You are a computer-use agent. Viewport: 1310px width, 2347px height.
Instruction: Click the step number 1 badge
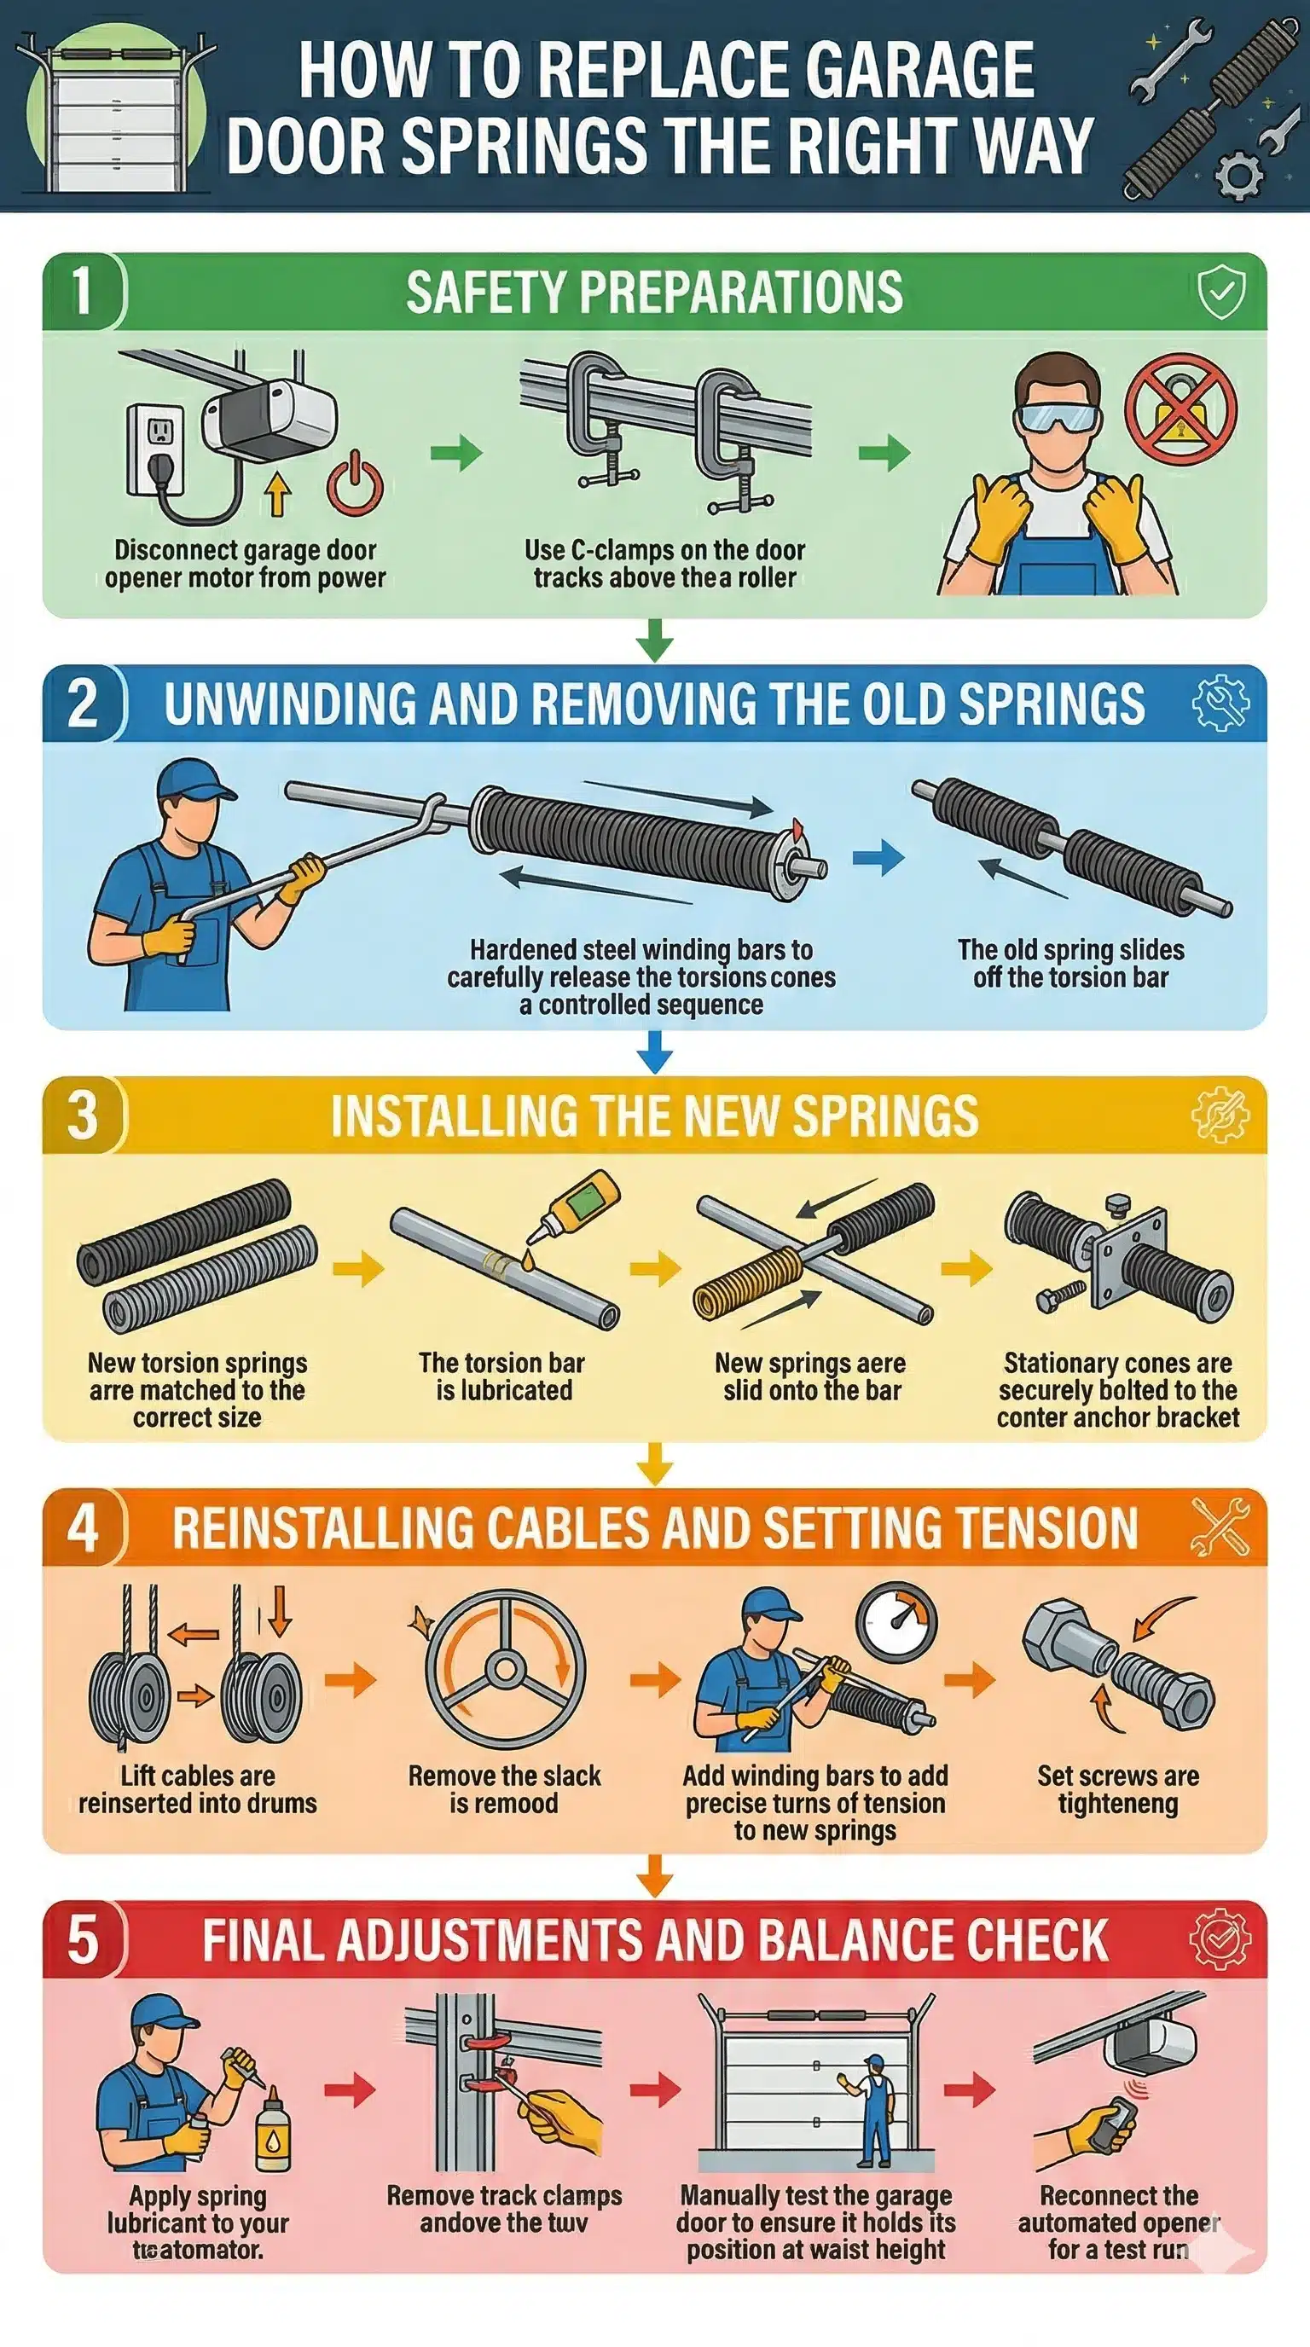coord(83,292)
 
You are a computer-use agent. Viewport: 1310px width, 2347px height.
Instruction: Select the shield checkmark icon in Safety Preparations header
coord(1220,293)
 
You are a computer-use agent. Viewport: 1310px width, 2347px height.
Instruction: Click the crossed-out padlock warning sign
coord(1179,411)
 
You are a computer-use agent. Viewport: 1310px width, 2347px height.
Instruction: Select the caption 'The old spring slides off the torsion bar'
coord(1070,963)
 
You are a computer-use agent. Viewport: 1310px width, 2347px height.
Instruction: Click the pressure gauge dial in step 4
coord(896,1621)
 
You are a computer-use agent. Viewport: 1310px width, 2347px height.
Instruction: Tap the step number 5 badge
coord(83,1939)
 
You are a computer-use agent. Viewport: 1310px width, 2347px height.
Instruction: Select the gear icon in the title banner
coord(1239,174)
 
